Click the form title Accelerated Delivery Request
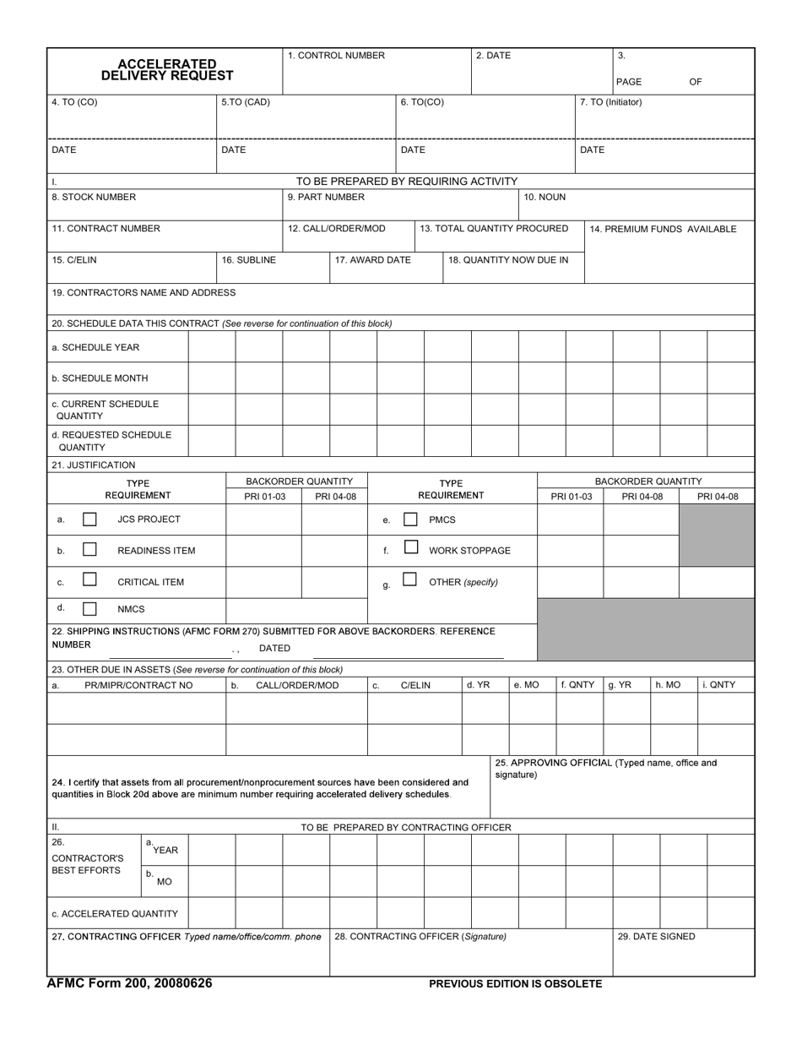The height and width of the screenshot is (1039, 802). point(167,70)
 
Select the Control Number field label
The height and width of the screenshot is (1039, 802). point(336,56)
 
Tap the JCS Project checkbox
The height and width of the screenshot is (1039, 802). point(89,519)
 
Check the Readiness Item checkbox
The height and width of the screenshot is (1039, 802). point(89,550)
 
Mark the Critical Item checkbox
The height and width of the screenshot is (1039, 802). point(89,580)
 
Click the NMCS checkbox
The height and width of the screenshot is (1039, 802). point(89,608)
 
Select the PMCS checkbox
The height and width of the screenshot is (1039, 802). point(410,519)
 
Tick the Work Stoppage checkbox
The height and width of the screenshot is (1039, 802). point(410,547)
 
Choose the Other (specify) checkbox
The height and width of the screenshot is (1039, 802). point(410,579)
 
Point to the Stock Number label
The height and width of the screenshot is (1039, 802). point(94,198)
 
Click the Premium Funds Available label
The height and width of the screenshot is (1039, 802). point(663,229)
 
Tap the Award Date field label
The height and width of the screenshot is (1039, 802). point(372,260)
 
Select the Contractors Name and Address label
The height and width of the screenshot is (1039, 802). point(144,293)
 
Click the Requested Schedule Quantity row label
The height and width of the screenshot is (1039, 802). point(111,441)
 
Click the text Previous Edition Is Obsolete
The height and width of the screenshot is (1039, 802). point(515,984)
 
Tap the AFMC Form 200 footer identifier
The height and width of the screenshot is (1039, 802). point(129,983)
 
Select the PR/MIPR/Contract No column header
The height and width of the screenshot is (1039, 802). point(138,685)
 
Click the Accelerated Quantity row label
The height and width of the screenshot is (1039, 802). point(115,914)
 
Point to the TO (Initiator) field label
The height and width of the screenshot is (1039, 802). point(611,102)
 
